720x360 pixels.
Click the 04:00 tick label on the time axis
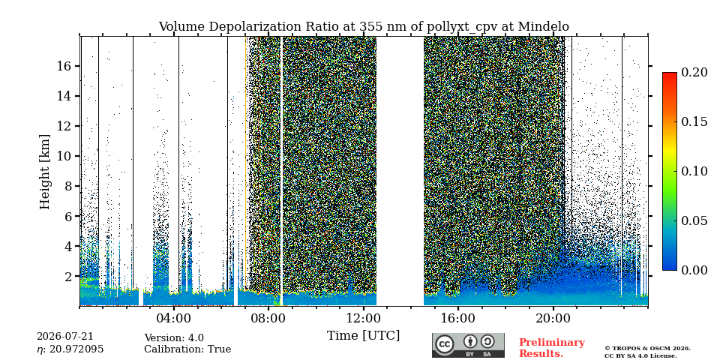coord(173,319)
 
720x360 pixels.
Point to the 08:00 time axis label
coord(268,319)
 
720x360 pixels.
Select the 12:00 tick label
coord(363,319)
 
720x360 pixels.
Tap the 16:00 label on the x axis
coord(457,319)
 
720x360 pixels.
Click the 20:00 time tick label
coord(553,319)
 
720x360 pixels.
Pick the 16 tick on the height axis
coord(64,66)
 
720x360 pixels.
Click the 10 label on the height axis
coord(64,156)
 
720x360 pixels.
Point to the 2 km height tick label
coord(68,277)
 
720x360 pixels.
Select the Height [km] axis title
coord(44,172)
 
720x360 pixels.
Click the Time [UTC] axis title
coord(363,336)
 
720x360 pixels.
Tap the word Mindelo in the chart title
coord(544,27)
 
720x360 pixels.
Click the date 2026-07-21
coord(64,337)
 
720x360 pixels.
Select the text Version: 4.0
coord(174,338)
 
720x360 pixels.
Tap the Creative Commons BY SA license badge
coord(468,345)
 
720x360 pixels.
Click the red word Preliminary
coord(552,343)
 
